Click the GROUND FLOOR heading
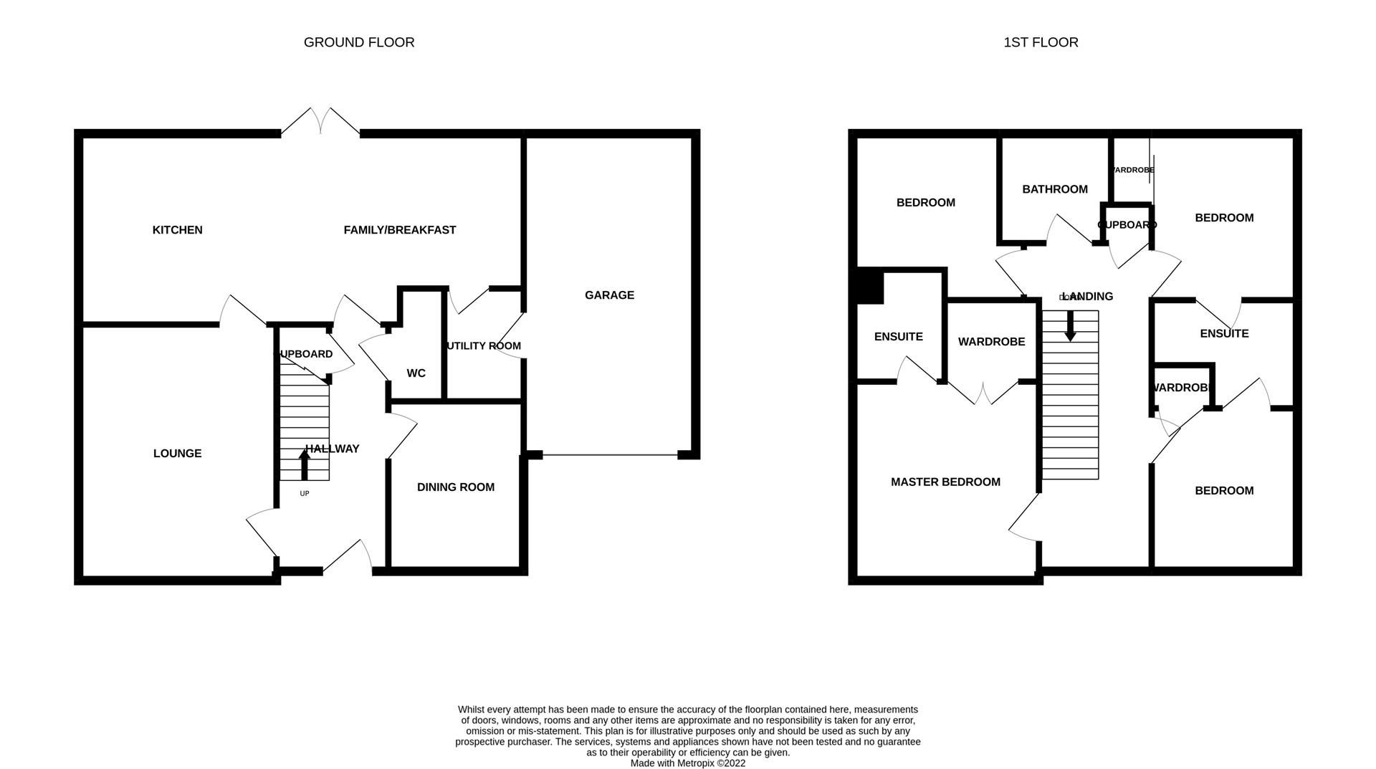coord(359,42)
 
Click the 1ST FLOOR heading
coord(1041,42)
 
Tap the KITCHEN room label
coord(177,230)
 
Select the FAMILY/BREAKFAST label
coord(399,230)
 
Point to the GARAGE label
coord(609,295)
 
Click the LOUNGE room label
coord(177,454)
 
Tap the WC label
coord(416,373)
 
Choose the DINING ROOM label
coord(456,487)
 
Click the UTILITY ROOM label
coord(484,346)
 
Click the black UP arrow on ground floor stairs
coord(305,464)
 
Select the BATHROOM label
coord(1055,189)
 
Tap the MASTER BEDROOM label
coord(945,482)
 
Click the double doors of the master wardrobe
coord(983,393)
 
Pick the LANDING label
coord(1088,297)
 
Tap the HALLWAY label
coord(333,449)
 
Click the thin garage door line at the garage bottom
coord(610,455)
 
